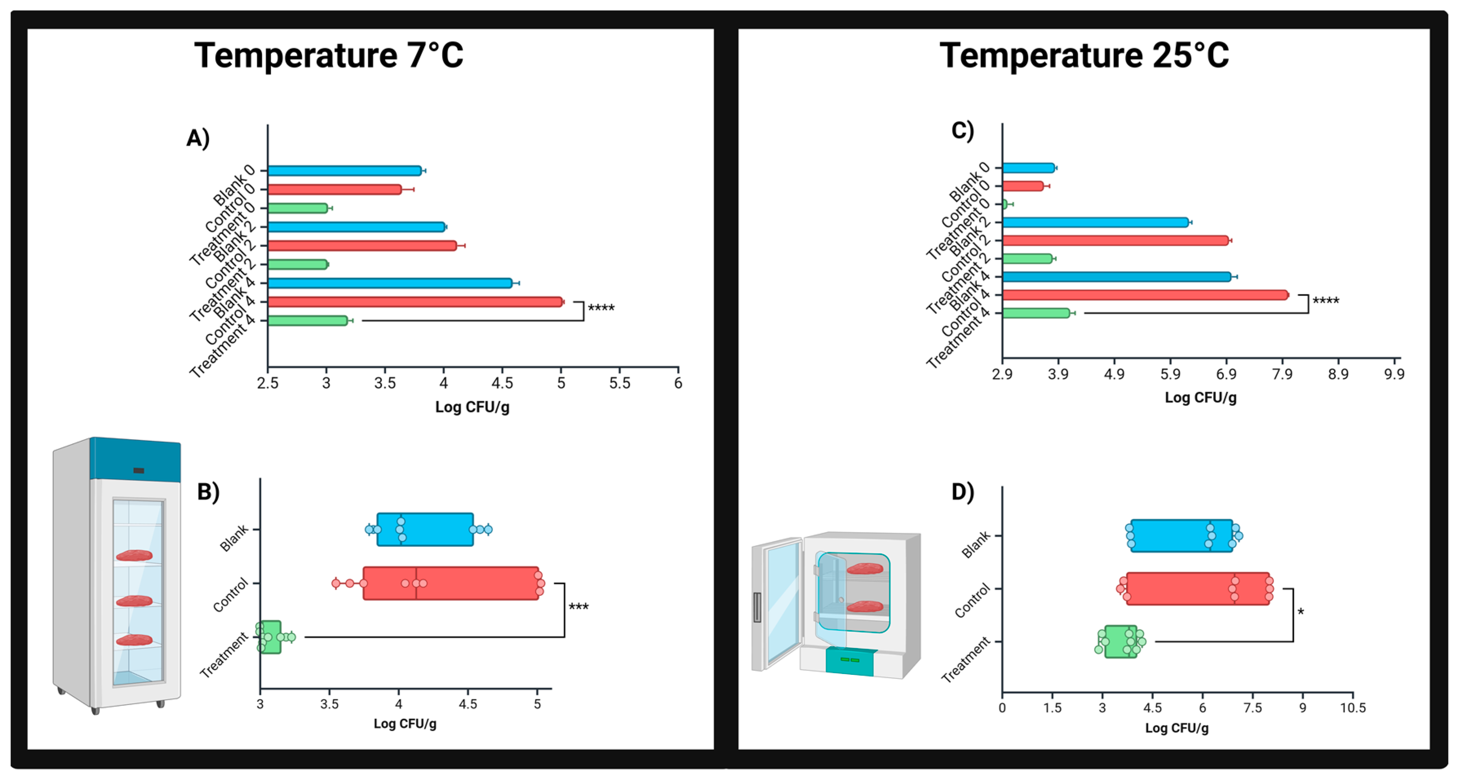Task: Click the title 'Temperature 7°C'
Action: pyautogui.click(x=328, y=55)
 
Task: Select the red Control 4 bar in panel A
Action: pyautogui.click(x=414, y=302)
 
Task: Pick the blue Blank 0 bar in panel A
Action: pyautogui.click(x=344, y=170)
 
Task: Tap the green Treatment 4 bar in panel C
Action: pyautogui.click(x=1035, y=313)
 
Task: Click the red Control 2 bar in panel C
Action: pyautogui.click(x=1115, y=240)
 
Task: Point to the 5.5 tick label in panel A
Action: pyautogui.click(x=620, y=383)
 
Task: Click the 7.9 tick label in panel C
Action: pyautogui.click(x=1282, y=374)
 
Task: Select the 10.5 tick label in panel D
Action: pyautogui.click(x=1353, y=707)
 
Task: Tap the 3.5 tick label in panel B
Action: pyautogui.click(x=329, y=704)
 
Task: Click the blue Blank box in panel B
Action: pyautogui.click(x=425, y=529)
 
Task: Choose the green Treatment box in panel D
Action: pyautogui.click(x=1120, y=641)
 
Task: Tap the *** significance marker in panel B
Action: pyautogui.click(x=578, y=607)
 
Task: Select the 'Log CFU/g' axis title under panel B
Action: pyautogui.click(x=405, y=723)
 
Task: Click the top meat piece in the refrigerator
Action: pyautogui.click(x=134, y=555)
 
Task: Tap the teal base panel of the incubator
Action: pyautogui.click(x=849, y=661)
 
